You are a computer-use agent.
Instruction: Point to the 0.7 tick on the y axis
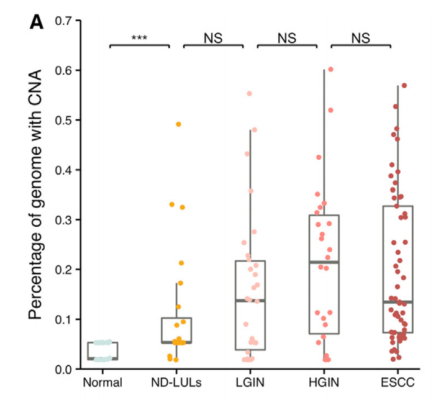click(x=64, y=21)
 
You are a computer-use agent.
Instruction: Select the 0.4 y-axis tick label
click(x=64, y=170)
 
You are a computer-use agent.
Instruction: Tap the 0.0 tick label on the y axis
click(x=64, y=369)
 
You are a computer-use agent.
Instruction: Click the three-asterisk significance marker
click(x=139, y=39)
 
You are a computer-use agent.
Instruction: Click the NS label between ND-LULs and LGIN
click(x=213, y=37)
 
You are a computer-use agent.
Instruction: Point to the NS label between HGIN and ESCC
click(x=360, y=37)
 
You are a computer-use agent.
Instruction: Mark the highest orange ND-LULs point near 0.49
click(x=178, y=124)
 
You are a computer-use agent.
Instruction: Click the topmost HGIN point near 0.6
click(x=330, y=70)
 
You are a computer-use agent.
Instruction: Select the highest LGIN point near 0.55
click(x=250, y=94)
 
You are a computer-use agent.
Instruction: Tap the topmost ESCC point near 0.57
click(x=404, y=86)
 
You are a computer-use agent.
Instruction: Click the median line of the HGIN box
click(x=324, y=262)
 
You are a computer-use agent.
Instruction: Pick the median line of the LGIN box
click(x=250, y=301)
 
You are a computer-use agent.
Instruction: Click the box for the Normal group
click(x=102, y=351)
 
